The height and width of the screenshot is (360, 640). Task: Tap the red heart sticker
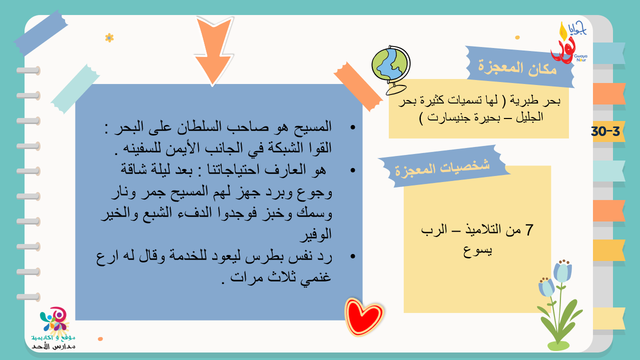(x=364, y=316)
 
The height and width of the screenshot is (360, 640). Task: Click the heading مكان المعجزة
(x=517, y=68)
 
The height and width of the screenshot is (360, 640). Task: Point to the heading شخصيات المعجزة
(x=442, y=168)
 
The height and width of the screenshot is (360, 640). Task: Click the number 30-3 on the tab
(x=605, y=131)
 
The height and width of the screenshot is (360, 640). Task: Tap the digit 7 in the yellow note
(x=529, y=230)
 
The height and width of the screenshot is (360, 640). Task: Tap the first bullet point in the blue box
(x=353, y=127)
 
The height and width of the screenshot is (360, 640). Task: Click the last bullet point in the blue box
(x=353, y=256)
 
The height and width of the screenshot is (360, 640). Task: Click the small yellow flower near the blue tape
(x=109, y=37)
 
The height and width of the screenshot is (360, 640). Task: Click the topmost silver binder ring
(x=29, y=70)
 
